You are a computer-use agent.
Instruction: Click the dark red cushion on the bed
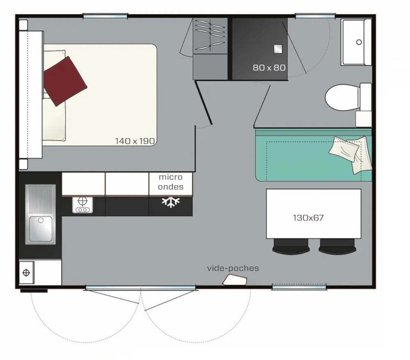pos(65,81)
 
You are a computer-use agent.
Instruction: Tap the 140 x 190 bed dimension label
pos(135,141)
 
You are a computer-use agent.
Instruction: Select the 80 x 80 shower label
pos(269,68)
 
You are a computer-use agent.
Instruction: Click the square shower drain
pos(278,49)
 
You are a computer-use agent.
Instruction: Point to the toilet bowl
pos(342,97)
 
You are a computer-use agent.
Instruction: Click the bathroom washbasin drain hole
pos(359,42)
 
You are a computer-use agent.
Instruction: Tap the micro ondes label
pos(171,182)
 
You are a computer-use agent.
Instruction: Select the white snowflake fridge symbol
pos(171,202)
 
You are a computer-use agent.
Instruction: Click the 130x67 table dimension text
pos(308,218)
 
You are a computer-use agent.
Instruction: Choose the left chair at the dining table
pos(291,247)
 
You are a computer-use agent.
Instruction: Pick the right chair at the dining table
pos(337,247)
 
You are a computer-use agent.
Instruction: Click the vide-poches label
pos(233,268)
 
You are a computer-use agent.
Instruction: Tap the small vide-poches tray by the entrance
pos(235,280)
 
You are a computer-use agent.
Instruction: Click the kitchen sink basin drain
pos(41,220)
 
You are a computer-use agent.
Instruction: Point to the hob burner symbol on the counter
pos(83,205)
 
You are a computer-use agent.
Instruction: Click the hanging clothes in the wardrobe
pos(210,35)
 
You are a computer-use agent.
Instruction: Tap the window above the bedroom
pos(105,16)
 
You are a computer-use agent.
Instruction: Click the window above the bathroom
pos(315,16)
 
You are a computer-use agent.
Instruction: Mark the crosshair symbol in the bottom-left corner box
pos(26,273)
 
